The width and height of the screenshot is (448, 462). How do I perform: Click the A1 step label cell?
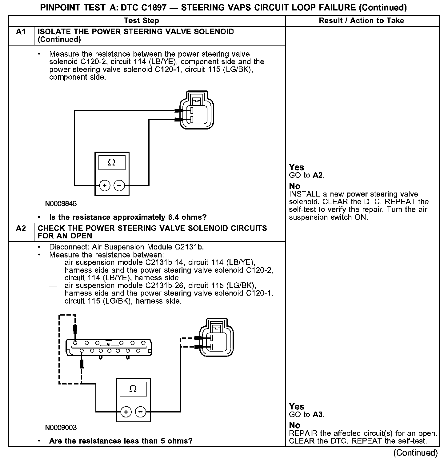point(21,32)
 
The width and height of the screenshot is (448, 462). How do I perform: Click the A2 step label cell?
point(21,229)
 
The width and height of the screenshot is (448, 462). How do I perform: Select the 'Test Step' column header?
point(141,21)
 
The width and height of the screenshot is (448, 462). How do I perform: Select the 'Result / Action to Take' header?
point(362,21)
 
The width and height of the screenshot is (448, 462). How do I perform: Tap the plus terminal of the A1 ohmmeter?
point(105,185)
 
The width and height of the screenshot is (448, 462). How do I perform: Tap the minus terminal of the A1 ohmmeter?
point(119,185)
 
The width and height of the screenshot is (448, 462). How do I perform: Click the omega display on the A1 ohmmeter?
point(112,163)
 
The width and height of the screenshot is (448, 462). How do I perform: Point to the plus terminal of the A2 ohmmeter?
point(126,412)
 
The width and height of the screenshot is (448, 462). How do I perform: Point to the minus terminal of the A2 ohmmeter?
point(141,412)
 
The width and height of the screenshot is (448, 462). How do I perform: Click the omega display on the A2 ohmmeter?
point(133,389)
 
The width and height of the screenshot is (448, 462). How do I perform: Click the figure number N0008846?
point(61,204)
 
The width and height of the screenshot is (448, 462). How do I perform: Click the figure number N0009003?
point(61,428)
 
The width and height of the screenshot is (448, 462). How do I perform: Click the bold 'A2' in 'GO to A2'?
point(318,175)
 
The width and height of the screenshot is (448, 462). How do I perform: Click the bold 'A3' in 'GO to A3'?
point(318,415)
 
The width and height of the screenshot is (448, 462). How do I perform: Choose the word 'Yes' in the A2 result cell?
point(297,407)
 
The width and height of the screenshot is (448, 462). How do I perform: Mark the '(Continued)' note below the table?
point(415,453)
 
